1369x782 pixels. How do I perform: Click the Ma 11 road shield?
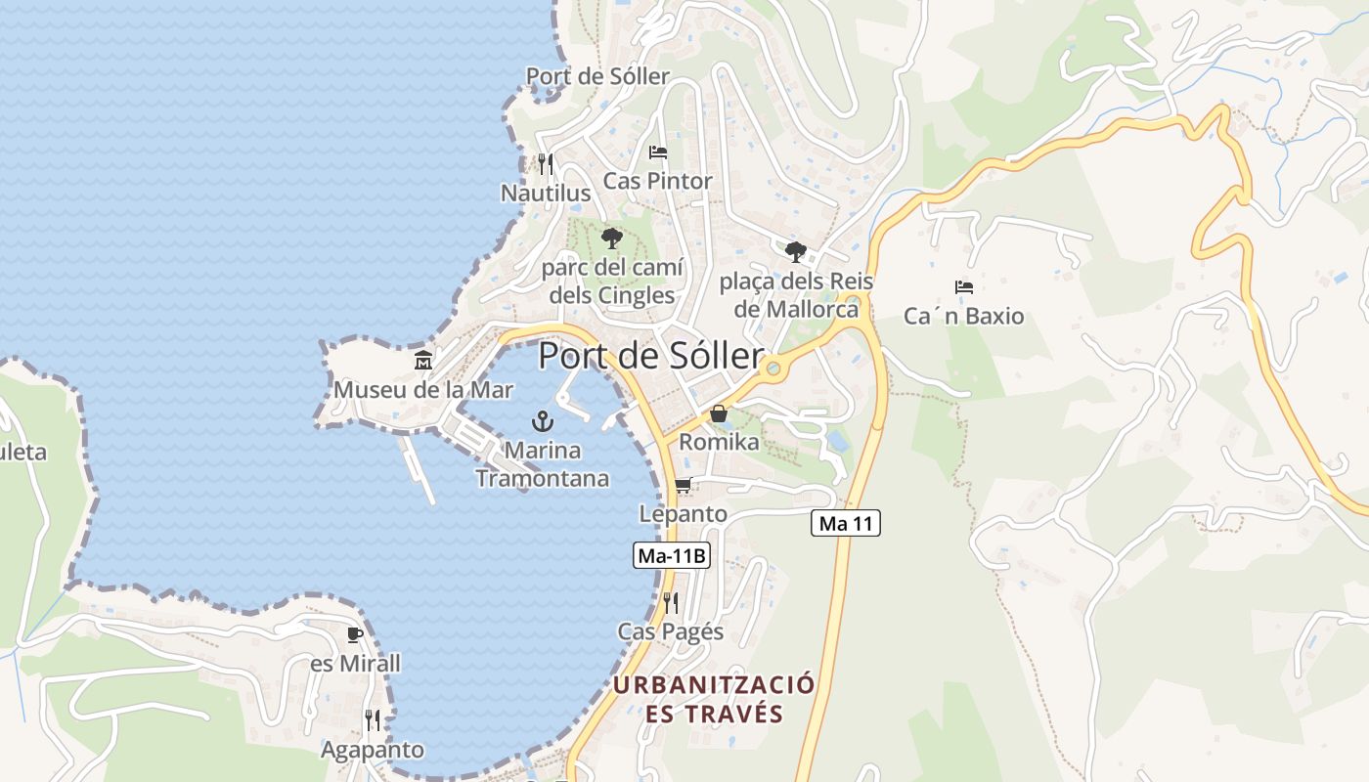[x=846, y=524]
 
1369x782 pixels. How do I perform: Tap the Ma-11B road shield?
[x=671, y=556]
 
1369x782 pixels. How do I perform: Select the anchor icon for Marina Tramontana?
[x=542, y=421]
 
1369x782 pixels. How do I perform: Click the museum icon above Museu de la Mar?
[x=423, y=361]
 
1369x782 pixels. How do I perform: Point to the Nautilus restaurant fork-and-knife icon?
[x=546, y=163]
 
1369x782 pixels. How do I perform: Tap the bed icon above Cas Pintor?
[x=658, y=152]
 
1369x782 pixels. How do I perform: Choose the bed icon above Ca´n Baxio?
[x=964, y=287]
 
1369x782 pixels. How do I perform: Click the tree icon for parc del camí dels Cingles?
[x=612, y=238]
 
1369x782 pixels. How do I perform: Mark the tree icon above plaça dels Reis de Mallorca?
[x=796, y=251]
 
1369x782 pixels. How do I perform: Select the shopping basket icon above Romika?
[x=719, y=413]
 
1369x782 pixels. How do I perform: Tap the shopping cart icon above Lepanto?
[x=684, y=485]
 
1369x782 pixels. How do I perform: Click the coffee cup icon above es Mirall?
[x=355, y=634]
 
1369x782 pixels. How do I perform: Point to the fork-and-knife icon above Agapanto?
[x=373, y=720]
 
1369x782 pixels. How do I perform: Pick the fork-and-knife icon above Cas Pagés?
[x=671, y=602]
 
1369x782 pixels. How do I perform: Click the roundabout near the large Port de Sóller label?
[x=773, y=369]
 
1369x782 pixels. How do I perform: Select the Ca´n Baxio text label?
[x=964, y=316]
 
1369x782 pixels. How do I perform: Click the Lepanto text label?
[x=684, y=513]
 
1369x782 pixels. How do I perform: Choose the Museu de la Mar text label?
[x=423, y=390]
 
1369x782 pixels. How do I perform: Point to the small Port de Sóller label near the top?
[x=598, y=76]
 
